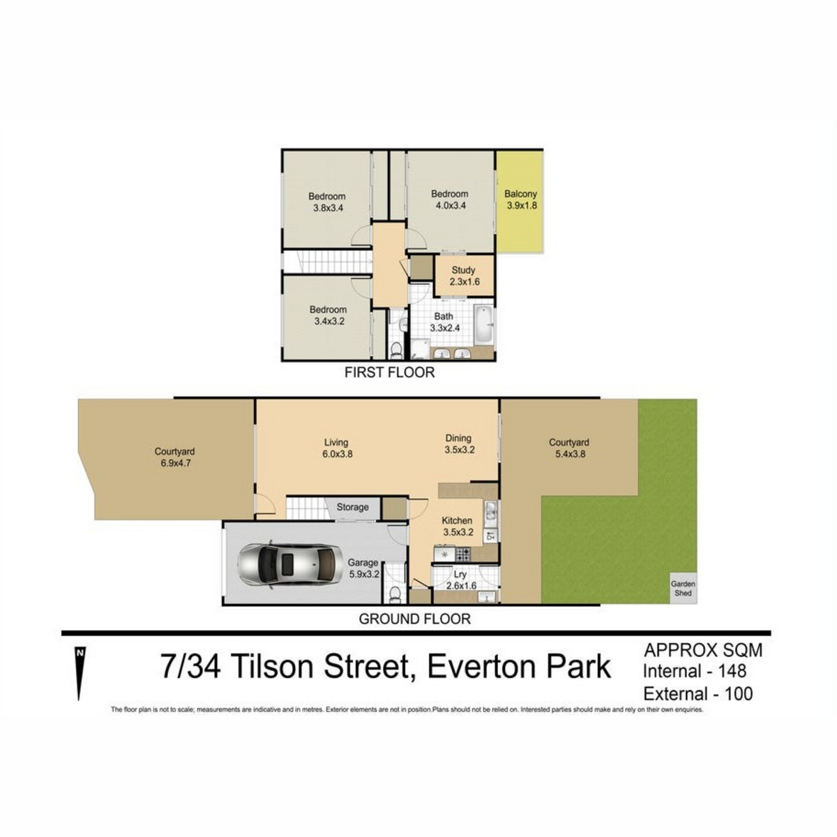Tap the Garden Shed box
click(x=684, y=589)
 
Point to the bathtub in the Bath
click(x=483, y=324)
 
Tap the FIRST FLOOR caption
click(x=389, y=372)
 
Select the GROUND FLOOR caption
click(x=414, y=619)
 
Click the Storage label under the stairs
click(x=352, y=507)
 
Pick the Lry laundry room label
click(x=460, y=574)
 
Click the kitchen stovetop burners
click(x=462, y=554)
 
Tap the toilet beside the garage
click(x=395, y=594)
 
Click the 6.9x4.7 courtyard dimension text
click(x=176, y=463)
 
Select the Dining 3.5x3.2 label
click(x=459, y=444)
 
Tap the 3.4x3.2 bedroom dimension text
click(x=329, y=322)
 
